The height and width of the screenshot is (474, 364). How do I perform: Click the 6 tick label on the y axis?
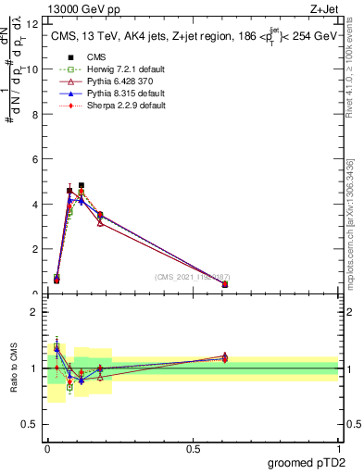point(35,159)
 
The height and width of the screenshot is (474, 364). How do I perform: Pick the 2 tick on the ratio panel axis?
point(35,311)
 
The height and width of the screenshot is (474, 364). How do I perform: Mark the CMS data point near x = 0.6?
point(225,285)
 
